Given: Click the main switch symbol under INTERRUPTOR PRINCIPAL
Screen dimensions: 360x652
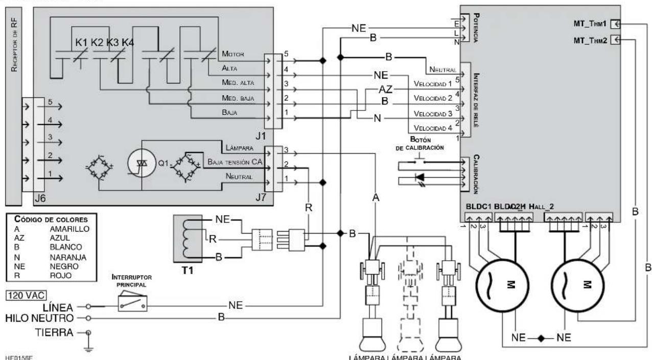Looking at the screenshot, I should [132, 303].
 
